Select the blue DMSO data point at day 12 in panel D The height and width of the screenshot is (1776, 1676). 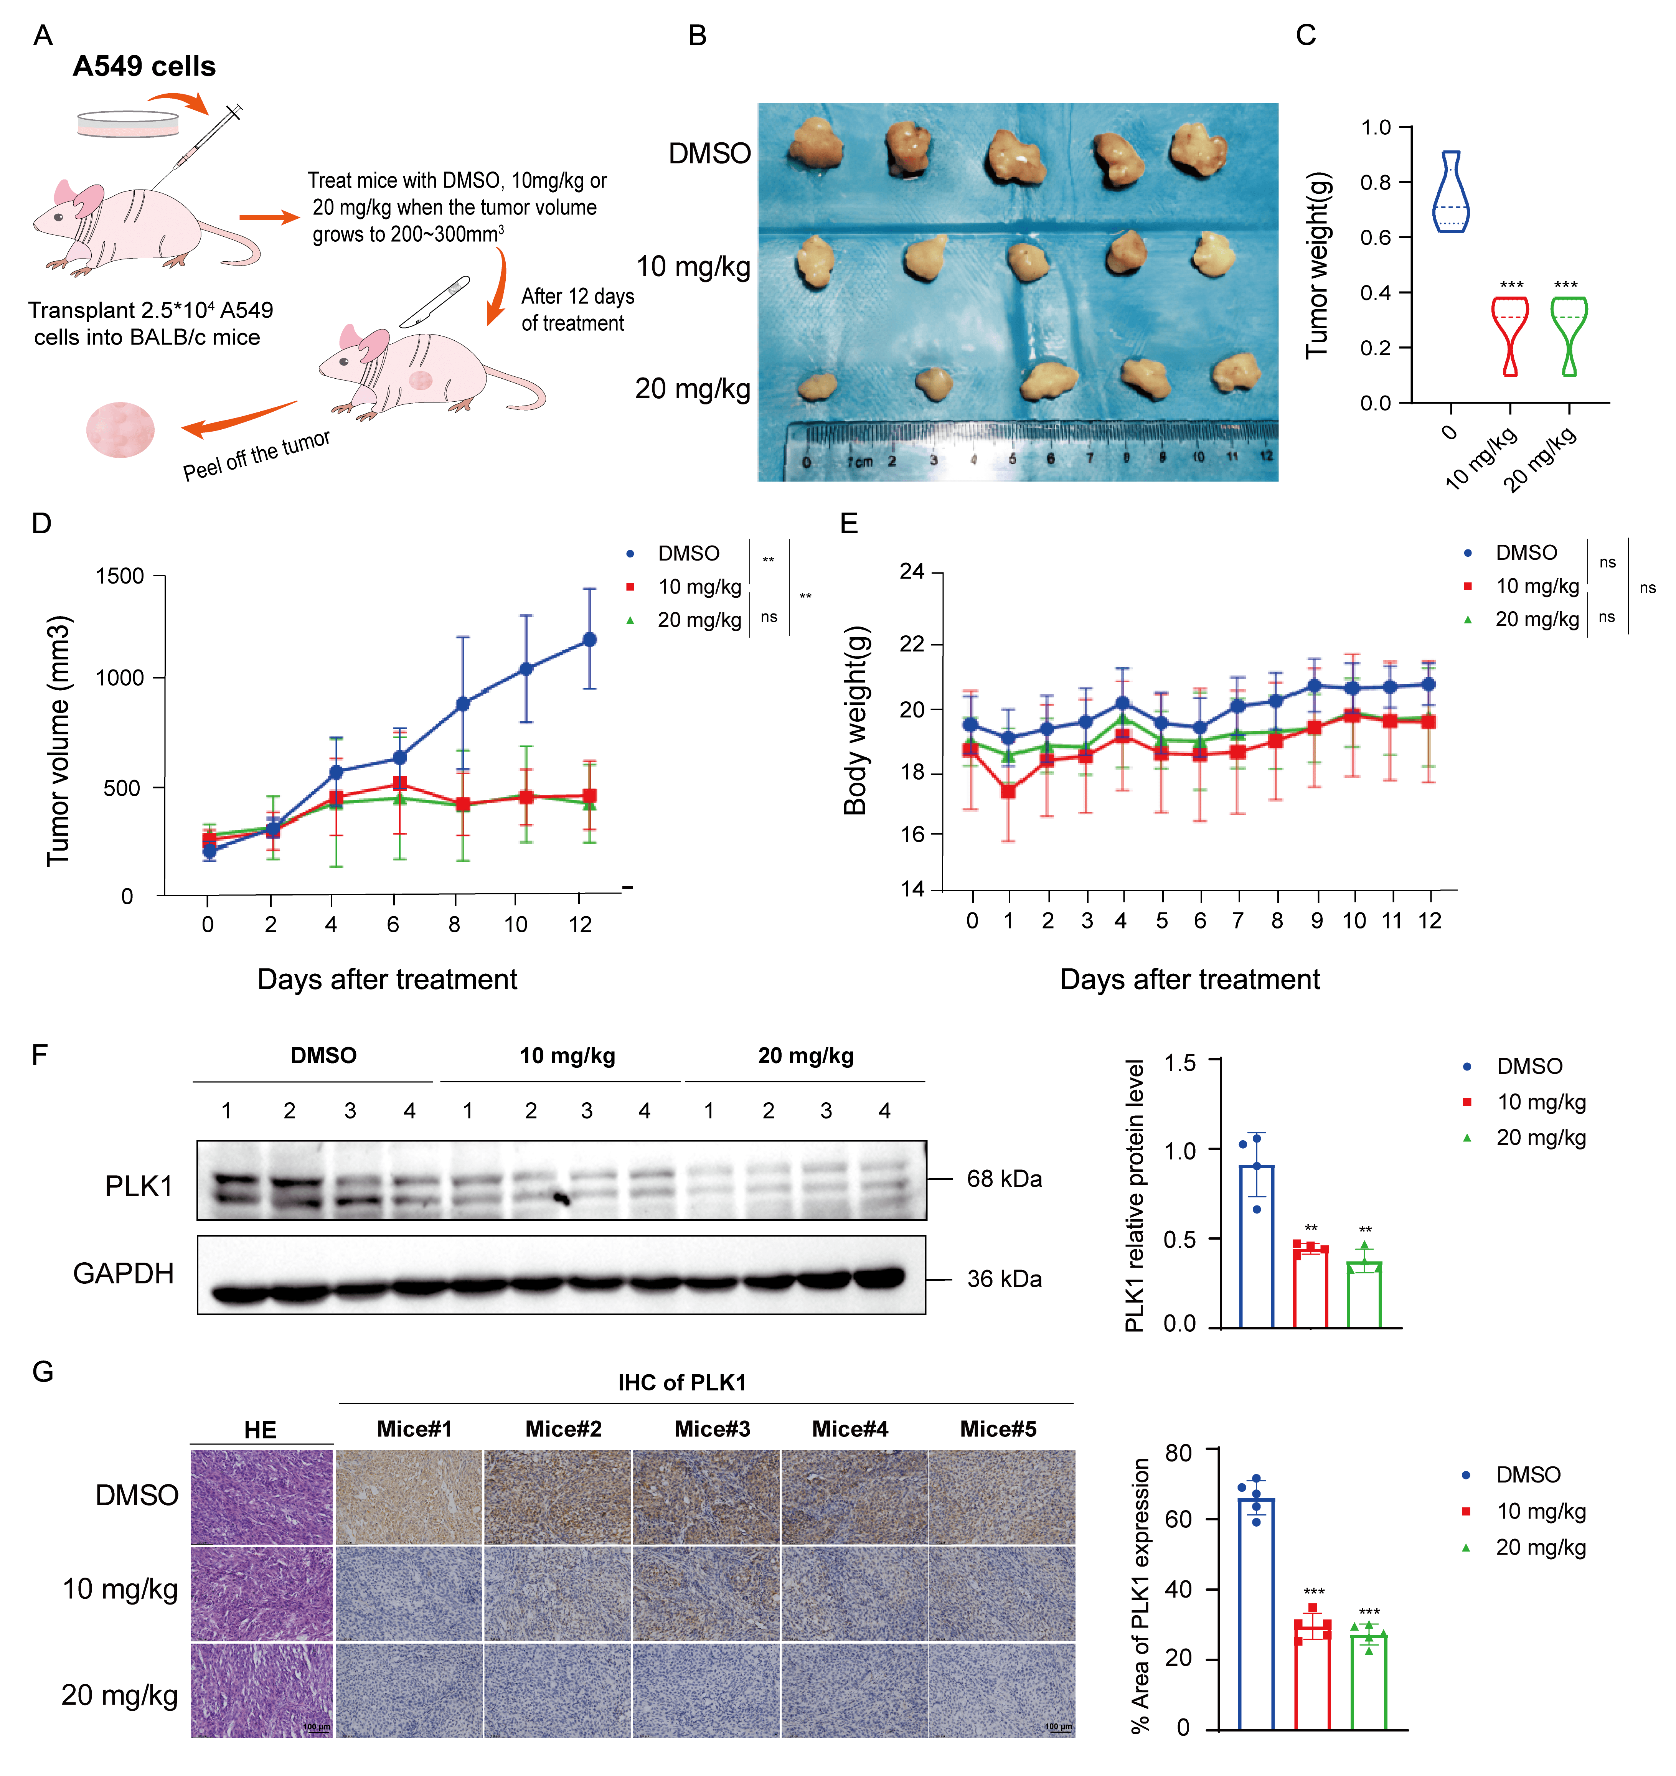coord(589,640)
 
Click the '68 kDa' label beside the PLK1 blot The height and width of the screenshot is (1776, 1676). coord(1004,1179)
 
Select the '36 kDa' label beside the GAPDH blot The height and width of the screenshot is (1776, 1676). coord(1004,1279)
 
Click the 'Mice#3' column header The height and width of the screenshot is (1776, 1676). coord(712,1430)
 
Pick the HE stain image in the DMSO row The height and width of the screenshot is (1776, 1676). coord(262,1497)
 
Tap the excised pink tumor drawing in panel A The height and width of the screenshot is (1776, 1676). coord(120,430)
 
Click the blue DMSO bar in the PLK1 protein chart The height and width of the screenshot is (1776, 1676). coord(1256,1246)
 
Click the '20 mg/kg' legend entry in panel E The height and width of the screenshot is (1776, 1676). coord(1537,619)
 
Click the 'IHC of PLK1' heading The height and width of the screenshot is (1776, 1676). coord(682,1383)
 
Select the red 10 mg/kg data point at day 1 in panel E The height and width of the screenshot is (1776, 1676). coord(1008,792)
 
